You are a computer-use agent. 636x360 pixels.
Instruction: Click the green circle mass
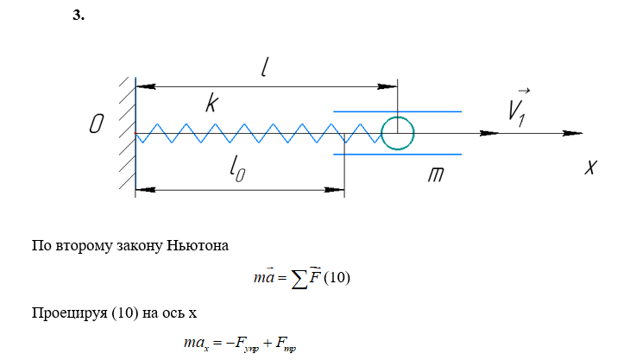(398, 134)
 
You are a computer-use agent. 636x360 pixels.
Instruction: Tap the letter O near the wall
(97, 126)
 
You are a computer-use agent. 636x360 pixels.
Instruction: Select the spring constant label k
(211, 104)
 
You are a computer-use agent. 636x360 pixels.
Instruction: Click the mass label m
(437, 176)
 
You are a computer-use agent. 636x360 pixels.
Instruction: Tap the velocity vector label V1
(519, 108)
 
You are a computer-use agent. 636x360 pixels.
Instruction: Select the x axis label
(590, 167)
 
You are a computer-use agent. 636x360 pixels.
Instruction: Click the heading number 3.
(79, 16)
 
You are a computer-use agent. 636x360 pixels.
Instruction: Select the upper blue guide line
(397, 111)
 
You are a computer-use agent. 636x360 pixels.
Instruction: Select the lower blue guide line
(397, 155)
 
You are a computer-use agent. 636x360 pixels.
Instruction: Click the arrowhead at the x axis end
(570, 134)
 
